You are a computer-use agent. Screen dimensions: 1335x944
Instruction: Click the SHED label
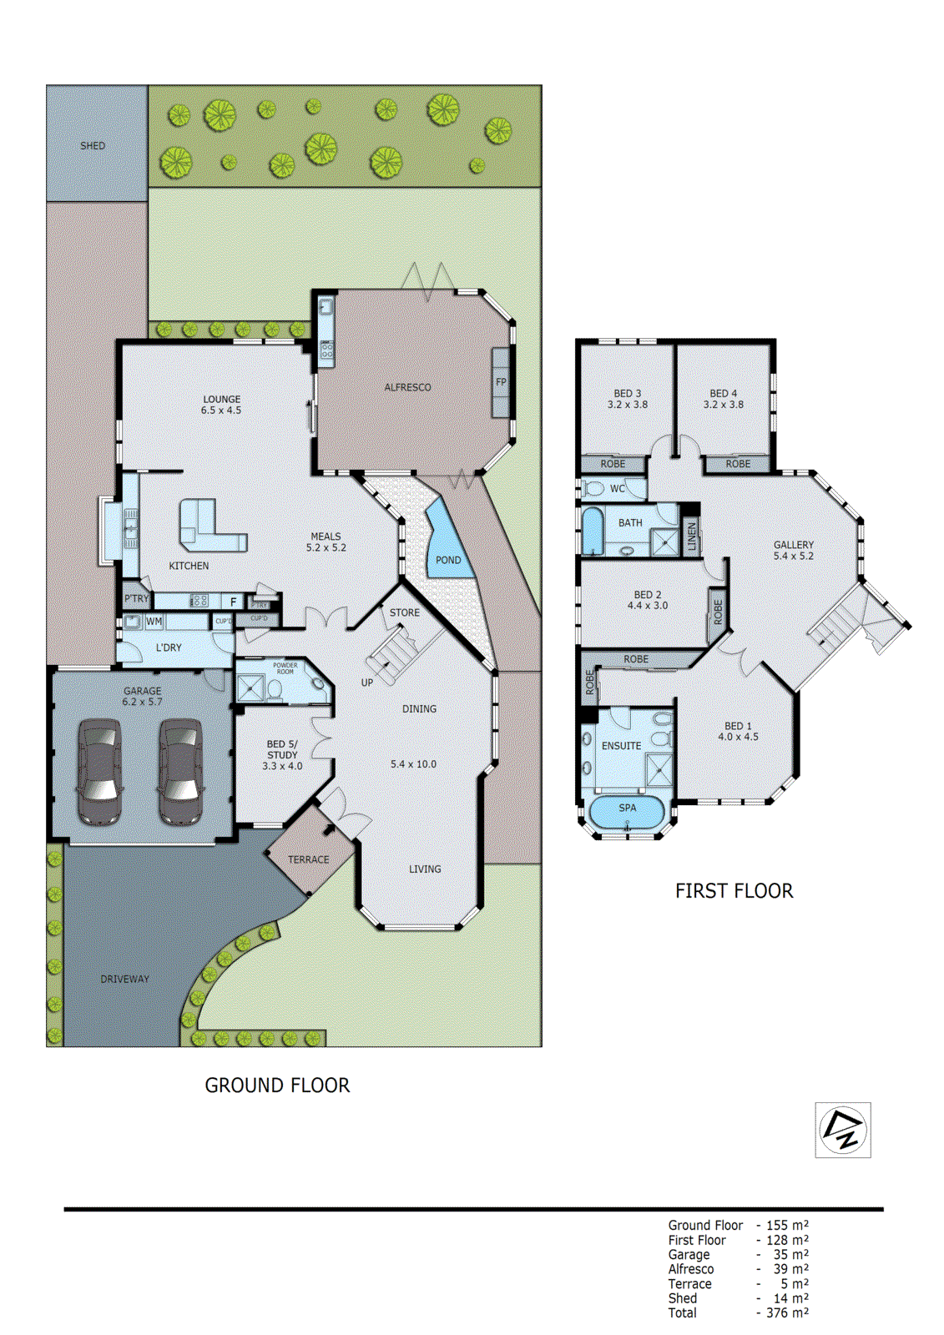pyautogui.click(x=93, y=146)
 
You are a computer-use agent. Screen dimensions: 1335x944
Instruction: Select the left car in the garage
pyautogui.click(x=100, y=772)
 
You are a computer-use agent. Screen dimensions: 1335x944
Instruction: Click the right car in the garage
pyautogui.click(x=180, y=772)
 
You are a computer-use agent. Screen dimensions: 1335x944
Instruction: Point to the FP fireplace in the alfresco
pyautogui.click(x=501, y=383)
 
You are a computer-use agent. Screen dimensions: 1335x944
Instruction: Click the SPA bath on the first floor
pyautogui.click(x=628, y=810)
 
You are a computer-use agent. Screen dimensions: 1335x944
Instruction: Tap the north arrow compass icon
pyautogui.click(x=842, y=1130)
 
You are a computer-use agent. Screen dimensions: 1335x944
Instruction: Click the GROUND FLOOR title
pyautogui.click(x=277, y=1086)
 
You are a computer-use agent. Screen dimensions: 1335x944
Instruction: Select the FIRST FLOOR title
pyautogui.click(x=734, y=891)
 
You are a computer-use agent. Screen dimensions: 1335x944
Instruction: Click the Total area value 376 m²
pyautogui.click(x=787, y=1313)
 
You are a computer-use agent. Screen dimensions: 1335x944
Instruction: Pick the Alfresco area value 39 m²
pyautogui.click(x=787, y=1269)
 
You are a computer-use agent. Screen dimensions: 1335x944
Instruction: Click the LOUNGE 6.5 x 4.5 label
pyautogui.click(x=221, y=405)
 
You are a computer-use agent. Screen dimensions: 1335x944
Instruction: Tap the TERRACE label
pyautogui.click(x=308, y=859)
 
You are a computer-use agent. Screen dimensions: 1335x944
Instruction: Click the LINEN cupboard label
pyautogui.click(x=692, y=536)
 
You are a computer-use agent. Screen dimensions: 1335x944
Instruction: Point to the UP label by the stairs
pyautogui.click(x=367, y=683)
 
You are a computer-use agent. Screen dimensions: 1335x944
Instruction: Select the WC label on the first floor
pyautogui.click(x=617, y=489)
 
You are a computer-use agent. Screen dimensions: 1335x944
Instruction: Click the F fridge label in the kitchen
pyautogui.click(x=234, y=602)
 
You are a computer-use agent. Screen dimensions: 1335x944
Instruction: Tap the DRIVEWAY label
pyautogui.click(x=124, y=979)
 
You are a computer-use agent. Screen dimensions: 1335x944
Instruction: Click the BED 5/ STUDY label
pyautogui.click(x=282, y=754)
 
